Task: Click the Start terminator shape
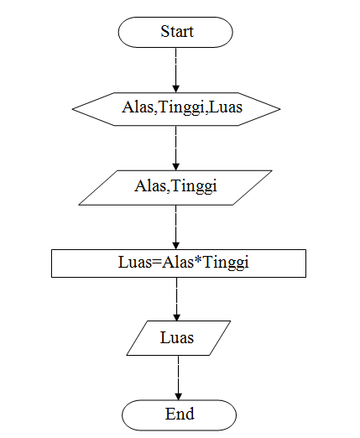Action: click(176, 33)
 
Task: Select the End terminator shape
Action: click(179, 414)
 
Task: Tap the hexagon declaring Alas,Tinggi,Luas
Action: click(176, 107)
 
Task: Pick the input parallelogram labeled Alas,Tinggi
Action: click(176, 187)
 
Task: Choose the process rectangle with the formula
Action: click(178, 263)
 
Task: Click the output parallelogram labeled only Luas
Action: click(177, 338)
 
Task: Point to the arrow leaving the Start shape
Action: click(176, 69)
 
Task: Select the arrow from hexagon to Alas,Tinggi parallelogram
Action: click(176, 148)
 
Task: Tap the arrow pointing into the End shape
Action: click(177, 378)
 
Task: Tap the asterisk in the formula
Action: click(199, 261)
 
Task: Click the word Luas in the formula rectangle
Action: click(137, 263)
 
